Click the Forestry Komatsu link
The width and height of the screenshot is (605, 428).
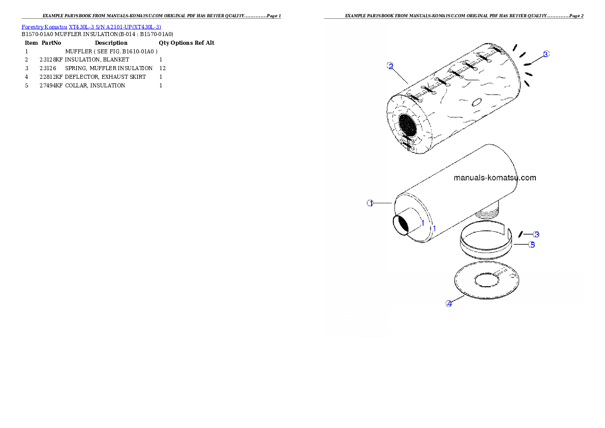point(44,27)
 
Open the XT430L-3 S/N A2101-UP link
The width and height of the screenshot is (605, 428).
point(115,27)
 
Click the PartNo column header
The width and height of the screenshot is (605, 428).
point(51,43)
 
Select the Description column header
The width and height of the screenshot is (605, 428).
point(111,43)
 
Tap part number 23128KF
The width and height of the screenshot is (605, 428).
point(51,60)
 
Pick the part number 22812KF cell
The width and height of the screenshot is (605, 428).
point(51,77)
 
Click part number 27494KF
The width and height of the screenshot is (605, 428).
point(51,86)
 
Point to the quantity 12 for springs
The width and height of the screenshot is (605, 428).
point(163,68)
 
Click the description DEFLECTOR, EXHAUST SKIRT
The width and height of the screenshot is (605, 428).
point(105,77)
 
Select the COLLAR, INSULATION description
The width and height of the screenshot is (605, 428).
point(95,86)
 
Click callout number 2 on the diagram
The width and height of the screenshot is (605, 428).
point(390,66)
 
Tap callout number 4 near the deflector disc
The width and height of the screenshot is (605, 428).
point(449,303)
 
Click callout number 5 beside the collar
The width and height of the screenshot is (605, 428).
point(532,244)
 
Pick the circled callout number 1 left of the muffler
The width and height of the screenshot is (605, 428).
point(371,203)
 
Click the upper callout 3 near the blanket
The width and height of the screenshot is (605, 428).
point(546,54)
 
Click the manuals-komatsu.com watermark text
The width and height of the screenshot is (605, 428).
point(495,177)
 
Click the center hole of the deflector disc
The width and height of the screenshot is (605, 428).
point(487,281)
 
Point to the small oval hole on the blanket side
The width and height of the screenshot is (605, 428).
point(476,102)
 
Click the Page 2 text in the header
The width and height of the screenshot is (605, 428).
point(576,16)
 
